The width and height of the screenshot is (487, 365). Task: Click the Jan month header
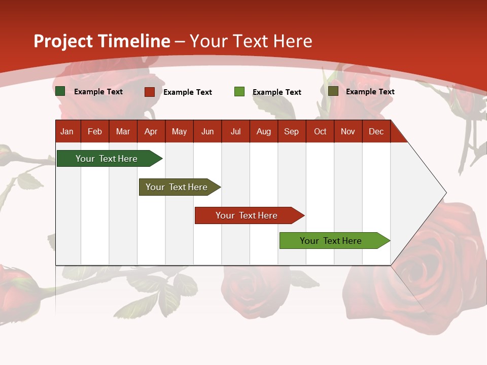(67, 131)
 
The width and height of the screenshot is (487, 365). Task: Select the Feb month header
(95, 131)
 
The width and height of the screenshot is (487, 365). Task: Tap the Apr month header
(151, 131)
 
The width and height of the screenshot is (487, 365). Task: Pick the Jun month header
(207, 131)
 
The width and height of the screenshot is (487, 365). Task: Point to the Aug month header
(263, 131)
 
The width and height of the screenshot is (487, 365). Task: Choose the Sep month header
(291, 131)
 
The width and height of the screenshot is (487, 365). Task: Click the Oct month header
(320, 131)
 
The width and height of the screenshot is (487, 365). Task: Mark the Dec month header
(376, 131)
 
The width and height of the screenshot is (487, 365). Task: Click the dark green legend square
(60, 91)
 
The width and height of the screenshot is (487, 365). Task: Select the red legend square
(150, 92)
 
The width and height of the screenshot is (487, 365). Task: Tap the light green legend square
(239, 92)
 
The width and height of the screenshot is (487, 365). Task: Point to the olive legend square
(333, 91)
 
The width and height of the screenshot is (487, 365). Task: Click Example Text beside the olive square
(370, 92)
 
